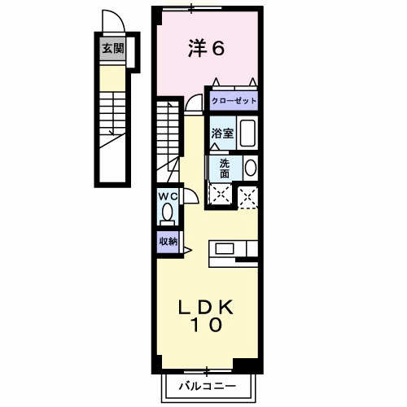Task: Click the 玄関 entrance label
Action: (x=113, y=49)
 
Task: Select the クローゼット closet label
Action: (x=234, y=101)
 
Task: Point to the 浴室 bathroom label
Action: (x=224, y=133)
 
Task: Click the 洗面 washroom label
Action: (x=224, y=167)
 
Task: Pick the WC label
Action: (x=168, y=196)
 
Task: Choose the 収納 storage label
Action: (x=168, y=241)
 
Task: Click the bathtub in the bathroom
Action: (x=247, y=133)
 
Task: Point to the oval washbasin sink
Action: (x=250, y=168)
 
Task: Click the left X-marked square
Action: (x=220, y=195)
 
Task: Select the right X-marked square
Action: (x=247, y=195)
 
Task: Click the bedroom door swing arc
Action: (x=194, y=102)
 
